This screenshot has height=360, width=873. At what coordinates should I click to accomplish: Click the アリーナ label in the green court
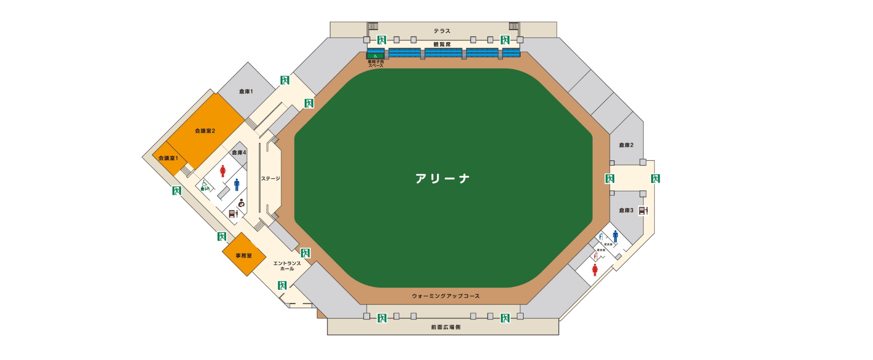pyautogui.click(x=442, y=178)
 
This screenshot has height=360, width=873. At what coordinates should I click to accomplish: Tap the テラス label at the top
pyautogui.click(x=442, y=31)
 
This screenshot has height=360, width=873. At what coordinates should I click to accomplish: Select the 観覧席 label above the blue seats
pyautogui.click(x=442, y=45)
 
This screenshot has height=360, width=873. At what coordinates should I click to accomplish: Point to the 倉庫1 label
pyautogui.click(x=246, y=91)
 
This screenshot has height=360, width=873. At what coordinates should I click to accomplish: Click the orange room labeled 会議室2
pyautogui.click(x=205, y=131)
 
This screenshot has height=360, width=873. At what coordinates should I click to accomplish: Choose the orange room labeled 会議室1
pyautogui.click(x=168, y=158)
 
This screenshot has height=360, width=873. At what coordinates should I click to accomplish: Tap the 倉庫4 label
pyautogui.click(x=239, y=152)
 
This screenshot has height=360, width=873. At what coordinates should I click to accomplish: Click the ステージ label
pyautogui.click(x=271, y=179)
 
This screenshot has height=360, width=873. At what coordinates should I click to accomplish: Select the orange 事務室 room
pyautogui.click(x=244, y=256)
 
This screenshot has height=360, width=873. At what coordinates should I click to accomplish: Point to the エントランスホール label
pyautogui.click(x=287, y=266)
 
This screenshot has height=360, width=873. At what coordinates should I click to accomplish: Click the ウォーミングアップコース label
pyautogui.click(x=446, y=296)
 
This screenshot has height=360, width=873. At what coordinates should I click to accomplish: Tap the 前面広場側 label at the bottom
pyautogui.click(x=446, y=327)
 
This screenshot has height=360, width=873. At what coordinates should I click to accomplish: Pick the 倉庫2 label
pyautogui.click(x=626, y=145)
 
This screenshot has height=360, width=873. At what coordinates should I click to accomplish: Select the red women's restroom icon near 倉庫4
pyautogui.click(x=223, y=171)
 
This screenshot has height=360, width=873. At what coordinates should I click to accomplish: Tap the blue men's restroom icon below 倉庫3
pyautogui.click(x=615, y=236)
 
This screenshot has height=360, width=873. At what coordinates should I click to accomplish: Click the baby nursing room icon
pyautogui.click(x=241, y=203)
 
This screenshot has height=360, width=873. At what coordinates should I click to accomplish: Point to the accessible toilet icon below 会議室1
pyautogui.click(x=205, y=186)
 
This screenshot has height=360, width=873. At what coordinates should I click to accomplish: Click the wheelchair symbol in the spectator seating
pyautogui.click(x=375, y=56)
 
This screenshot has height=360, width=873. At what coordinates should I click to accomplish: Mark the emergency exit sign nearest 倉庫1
pyautogui.click(x=285, y=80)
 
